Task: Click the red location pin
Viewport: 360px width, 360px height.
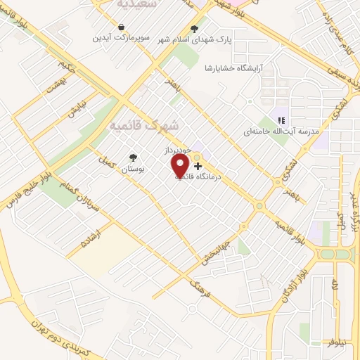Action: (x=181, y=166)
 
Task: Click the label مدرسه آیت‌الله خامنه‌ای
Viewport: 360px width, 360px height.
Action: (x=281, y=131)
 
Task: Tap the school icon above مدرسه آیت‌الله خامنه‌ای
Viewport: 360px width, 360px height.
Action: (x=281, y=120)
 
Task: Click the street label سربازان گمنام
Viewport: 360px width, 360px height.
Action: (x=82, y=188)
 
